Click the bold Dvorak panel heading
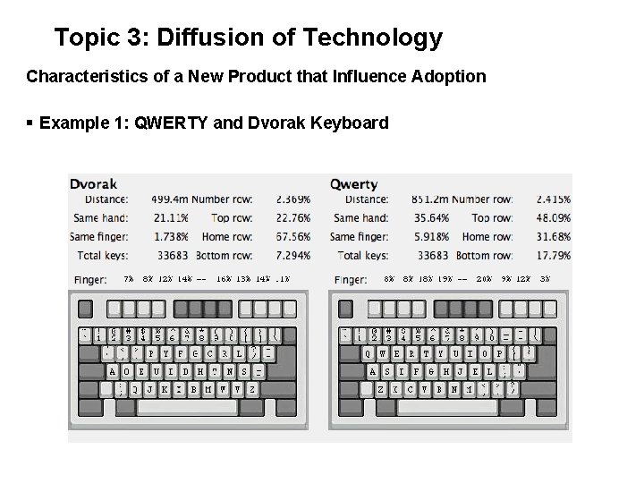(93, 184)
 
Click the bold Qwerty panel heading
(353, 184)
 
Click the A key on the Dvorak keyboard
(113, 371)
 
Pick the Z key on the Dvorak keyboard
(252, 389)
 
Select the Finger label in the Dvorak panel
(89, 280)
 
